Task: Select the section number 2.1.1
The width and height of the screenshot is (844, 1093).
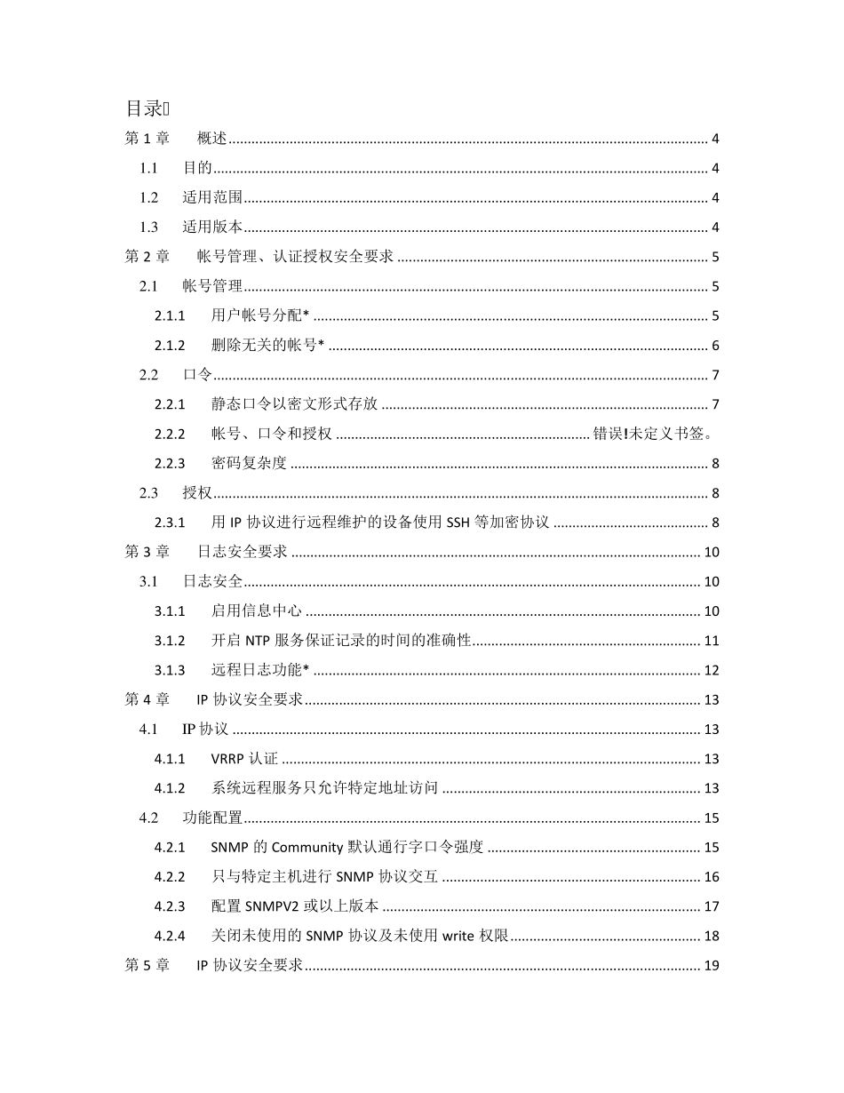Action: (x=169, y=316)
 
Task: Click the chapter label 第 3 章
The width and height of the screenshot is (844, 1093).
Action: (x=147, y=552)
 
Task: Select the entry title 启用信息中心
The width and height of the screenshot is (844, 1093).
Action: (x=257, y=611)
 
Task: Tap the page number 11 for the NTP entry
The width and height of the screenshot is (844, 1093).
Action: (x=711, y=641)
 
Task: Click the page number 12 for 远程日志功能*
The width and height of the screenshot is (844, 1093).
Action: (x=711, y=670)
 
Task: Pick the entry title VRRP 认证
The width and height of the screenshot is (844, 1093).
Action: (x=244, y=759)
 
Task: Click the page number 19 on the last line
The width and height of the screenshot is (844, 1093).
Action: (x=711, y=966)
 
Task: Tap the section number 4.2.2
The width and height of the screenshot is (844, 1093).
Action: (x=169, y=877)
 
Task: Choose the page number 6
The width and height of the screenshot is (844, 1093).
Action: (x=714, y=346)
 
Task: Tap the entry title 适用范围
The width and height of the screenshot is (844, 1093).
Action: (x=213, y=198)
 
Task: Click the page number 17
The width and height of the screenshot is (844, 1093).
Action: (x=711, y=906)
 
